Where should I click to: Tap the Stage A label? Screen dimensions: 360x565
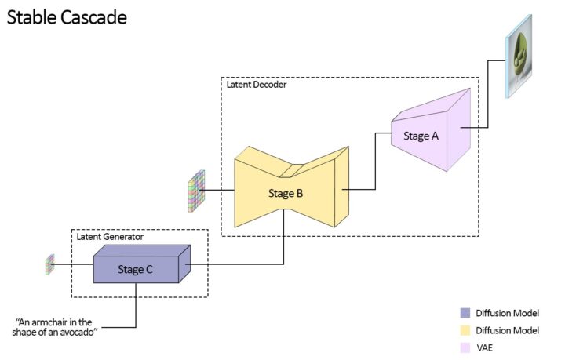pos(421,136)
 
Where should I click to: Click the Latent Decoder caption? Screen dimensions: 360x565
pos(257,85)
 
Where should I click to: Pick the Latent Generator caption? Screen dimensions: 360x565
pos(109,236)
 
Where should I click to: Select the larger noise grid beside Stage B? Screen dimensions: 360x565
pos(195,190)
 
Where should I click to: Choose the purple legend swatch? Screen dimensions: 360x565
pos(467,313)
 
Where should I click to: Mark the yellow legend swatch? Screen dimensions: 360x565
pos(467,329)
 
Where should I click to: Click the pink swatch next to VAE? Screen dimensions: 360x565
pos(467,346)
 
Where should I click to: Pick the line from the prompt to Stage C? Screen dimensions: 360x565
pos(136,310)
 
